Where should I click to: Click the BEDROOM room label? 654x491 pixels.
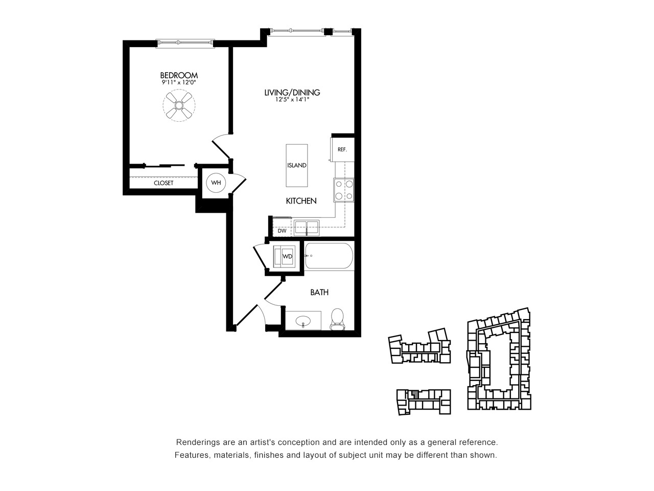pyautogui.click(x=179, y=75)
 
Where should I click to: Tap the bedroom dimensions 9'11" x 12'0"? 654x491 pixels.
pyautogui.click(x=179, y=82)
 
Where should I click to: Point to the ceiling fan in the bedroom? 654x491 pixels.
pyautogui.click(x=179, y=105)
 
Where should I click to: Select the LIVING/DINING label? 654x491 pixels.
pyautogui.click(x=292, y=93)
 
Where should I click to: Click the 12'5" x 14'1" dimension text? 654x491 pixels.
pyautogui.click(x=292, y=99)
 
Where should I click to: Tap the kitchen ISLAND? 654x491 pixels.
pyautogui.click(x=297, y=165)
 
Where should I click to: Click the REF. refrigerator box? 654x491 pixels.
pyautogui.click(x=342, y=149)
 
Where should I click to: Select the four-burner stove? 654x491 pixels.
pyautogui.click(x=344, y=190)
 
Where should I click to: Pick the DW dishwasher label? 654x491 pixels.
pyautogui.click(x=282, y=231)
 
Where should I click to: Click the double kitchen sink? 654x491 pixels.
pyautogui.click(x=307, y=228)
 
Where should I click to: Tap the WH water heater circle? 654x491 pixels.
pyautogui.click(x=216, y=183)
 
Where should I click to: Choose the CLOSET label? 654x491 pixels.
pyautogui.click(x=163, y=183)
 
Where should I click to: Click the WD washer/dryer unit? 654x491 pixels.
pyautogui.click(x=285, y=256)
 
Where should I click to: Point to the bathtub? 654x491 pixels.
pyautogui.click(x=329, y=256)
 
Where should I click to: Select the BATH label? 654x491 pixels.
pyautogui.click(x=319, y=293)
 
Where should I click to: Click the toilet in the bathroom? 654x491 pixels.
pyautogui.click(x=337, y=319)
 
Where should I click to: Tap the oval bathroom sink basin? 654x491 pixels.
pyautogui.click(x=303, y=322)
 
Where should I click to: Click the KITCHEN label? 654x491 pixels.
pyautogui.click(x=301, y=201)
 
